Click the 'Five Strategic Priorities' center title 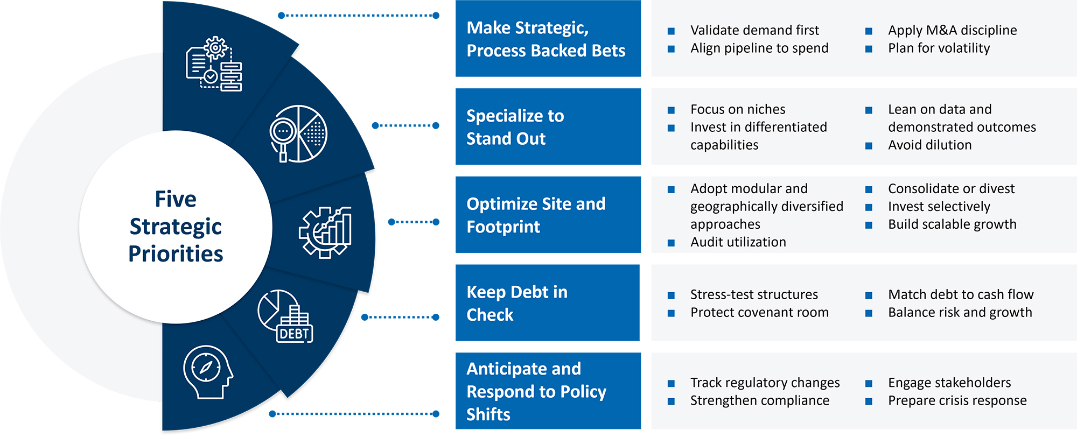pos(176,227)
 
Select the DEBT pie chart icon pos(285,317)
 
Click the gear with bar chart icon pos(326,232)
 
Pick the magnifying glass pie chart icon pos(298,134)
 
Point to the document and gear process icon pos(214,64)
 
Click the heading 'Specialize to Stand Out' pos(515,127)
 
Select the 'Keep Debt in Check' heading pos(516,303)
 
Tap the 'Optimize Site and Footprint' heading pos(535,215)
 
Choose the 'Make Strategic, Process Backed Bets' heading pos(546,39)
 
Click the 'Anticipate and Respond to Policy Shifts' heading pos(536,391)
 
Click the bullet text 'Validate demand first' pos(754,30)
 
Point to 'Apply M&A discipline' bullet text pos(952,30)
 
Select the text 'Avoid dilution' pos(929,145)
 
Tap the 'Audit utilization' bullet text pos(738,242)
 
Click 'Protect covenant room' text pos(759,313)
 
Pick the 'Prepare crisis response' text pos(957,401)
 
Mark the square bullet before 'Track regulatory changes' pos(671,384)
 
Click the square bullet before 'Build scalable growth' pos(869,225)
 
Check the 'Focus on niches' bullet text pos(738,110)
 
